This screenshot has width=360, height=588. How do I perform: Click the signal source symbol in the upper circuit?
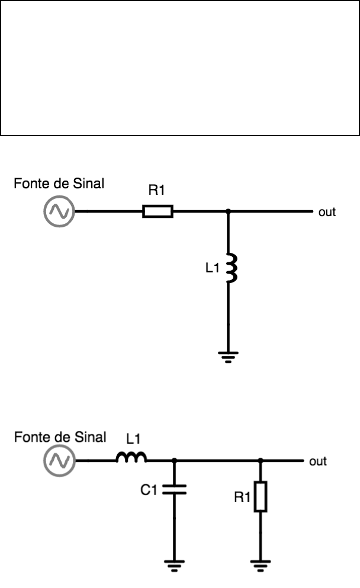pyautogui.click(x=59, y=211)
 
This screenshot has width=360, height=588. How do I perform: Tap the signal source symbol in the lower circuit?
pyautogui.click(x=59, y=461)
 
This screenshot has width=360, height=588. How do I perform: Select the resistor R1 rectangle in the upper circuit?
pyautogui.click(x=157, y=211)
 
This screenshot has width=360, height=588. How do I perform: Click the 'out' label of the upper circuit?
pyautogui.click(x=327, y=211)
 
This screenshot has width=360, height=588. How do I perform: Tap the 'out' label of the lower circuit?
pyautogui.click(x=318, y=461)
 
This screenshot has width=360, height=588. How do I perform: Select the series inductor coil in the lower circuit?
pyautogui.click(x=131, y=458)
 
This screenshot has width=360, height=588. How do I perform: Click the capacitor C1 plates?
pyautogui.click(x=174, y=489)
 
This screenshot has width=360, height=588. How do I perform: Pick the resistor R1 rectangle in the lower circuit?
pyautogui.click(x=260, y=496)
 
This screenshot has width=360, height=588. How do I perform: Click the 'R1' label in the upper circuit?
pyautogui.click(x=157, y=191)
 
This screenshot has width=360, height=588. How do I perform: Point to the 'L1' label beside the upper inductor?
pyautogui.click(x=212, y=268)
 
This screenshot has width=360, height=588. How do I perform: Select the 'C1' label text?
pyautogui.click(x=149, y=489)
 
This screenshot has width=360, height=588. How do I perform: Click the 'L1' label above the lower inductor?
pyautogui.click(x=134, y=439)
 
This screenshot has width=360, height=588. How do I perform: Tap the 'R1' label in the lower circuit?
pyautogui.click(x=242, y=497)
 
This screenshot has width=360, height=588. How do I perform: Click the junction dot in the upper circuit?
pyautogui.click(x=229, y=211)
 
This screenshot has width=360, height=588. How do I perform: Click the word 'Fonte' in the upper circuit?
pyautogui.click(x=28, y=184)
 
